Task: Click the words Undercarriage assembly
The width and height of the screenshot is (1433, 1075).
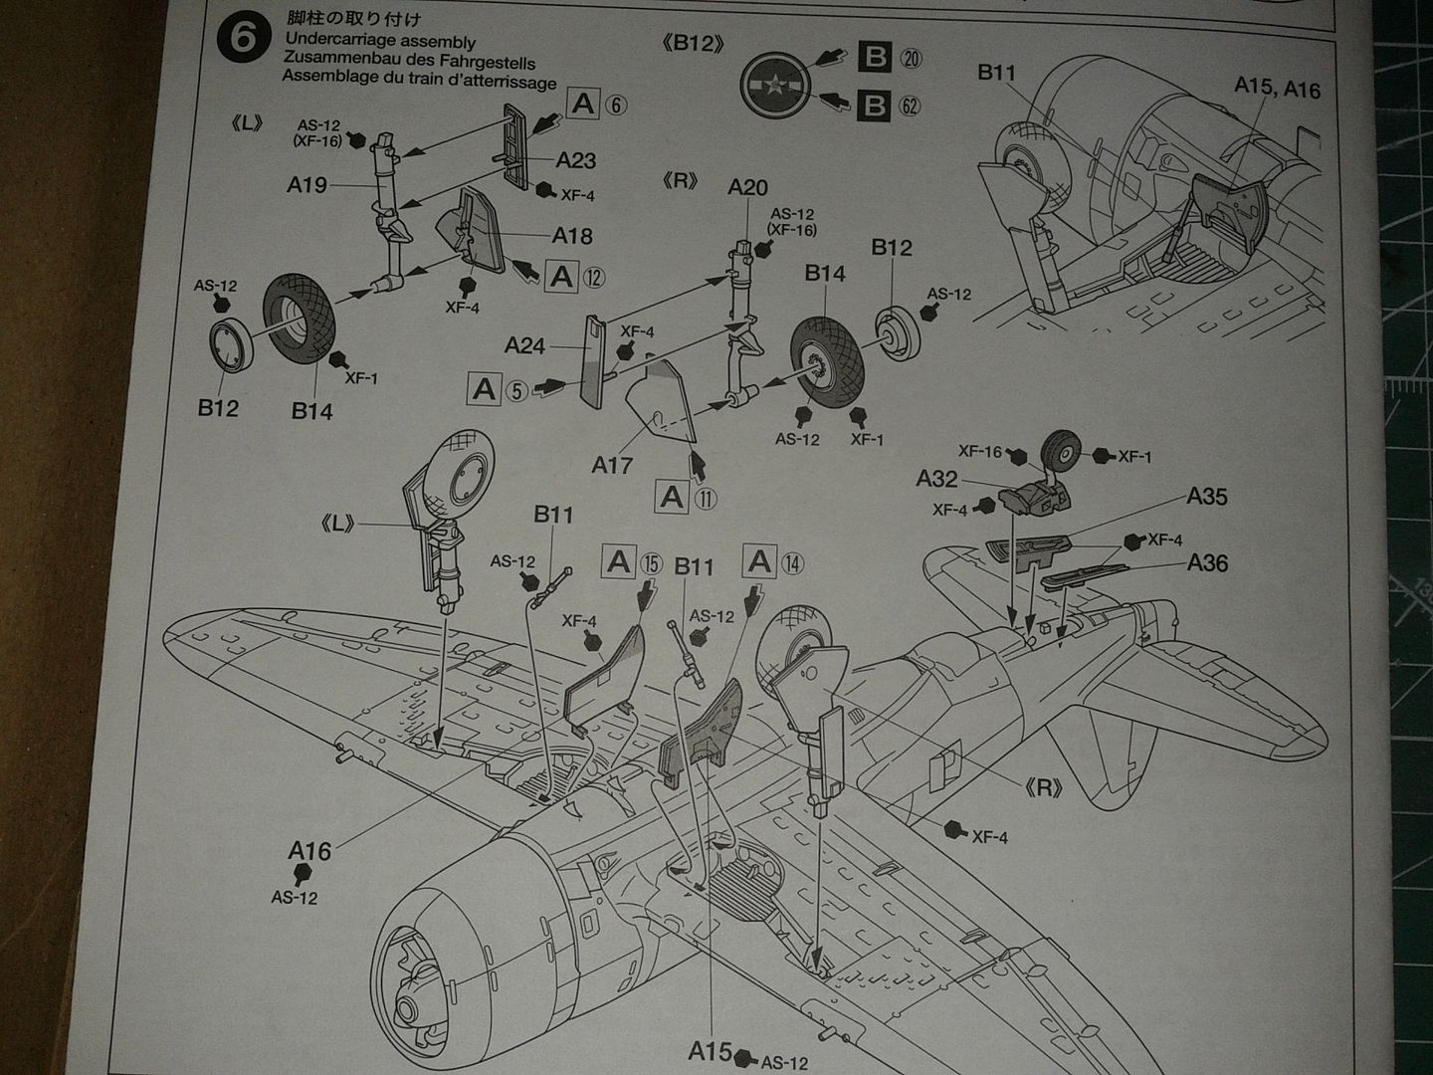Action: click(x=379, y=42)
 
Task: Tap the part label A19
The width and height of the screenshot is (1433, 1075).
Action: click(x=307, y=184)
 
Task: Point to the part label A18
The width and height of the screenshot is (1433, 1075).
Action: click(x=572, y=235)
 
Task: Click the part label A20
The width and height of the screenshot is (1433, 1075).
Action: click(x=747, y=187)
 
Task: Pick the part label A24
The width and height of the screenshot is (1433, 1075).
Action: click(x=524, y=345)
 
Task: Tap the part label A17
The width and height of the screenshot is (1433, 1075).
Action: click(x=612, y=464)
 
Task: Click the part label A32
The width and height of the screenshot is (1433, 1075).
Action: click(x=936, y=479)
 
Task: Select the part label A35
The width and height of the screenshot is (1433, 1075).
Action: click(x=1206, y=496)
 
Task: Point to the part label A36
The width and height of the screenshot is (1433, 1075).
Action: click(x=1207, y=563)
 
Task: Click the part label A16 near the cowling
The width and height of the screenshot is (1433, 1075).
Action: click(x=309, y=851)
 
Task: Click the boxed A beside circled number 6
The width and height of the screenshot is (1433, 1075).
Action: click(x=583, y=104)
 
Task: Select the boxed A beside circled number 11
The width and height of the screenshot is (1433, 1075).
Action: click(x=673, y=497)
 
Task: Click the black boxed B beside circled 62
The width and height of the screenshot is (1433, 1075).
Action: click(x=875, y=106)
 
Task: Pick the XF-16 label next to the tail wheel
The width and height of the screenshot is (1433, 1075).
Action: click(x=980, y=452)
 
